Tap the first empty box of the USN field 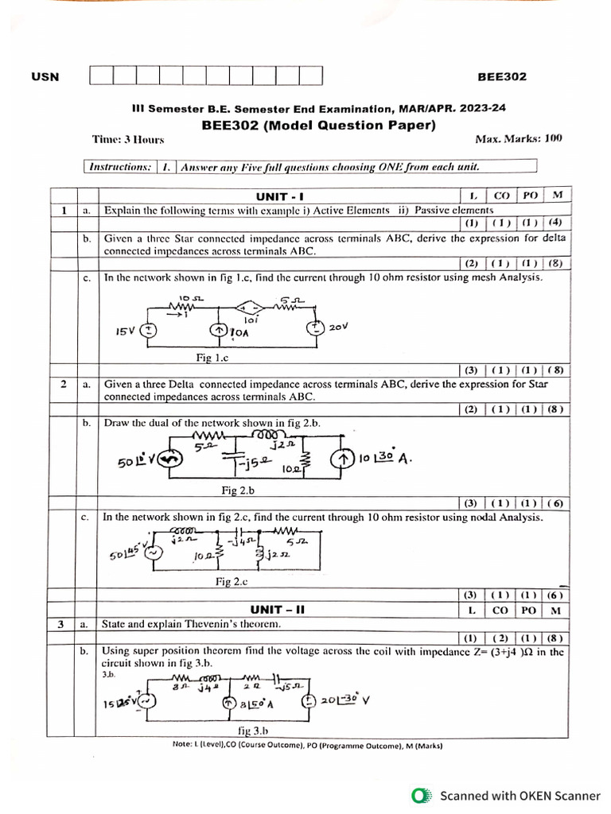click(102, 76)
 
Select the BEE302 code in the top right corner click(501, 77)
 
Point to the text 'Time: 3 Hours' click(128, 139)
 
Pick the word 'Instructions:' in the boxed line click(119, 167)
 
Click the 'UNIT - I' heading click(280, 196)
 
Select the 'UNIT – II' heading click(278, 610)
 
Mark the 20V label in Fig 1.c click(340, 326)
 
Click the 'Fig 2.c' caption click(232, 582)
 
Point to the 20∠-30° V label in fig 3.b click(346, 700)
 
